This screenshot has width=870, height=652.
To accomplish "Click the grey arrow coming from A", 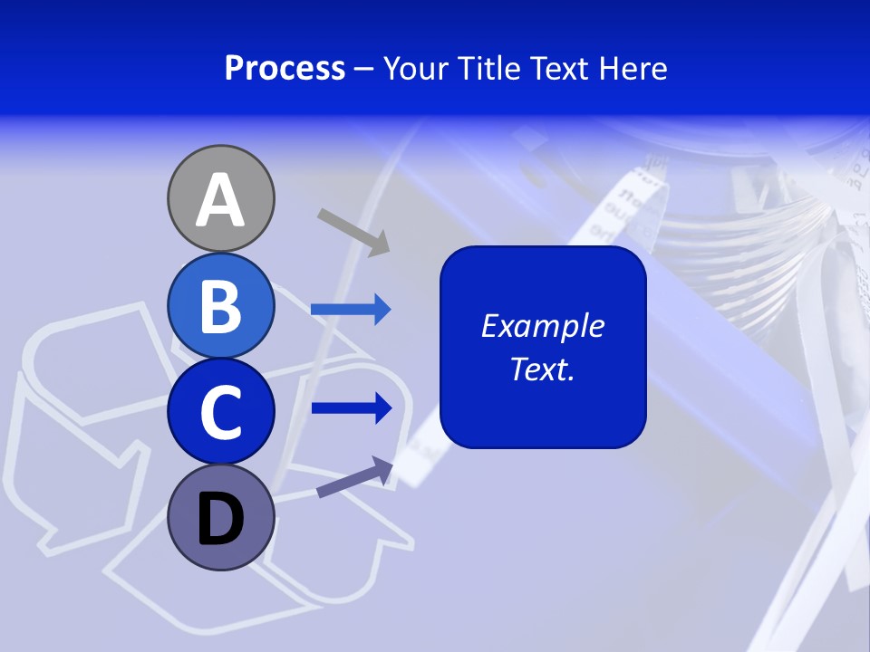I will pos(353,230).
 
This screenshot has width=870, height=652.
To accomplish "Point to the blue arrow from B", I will pos(351,310).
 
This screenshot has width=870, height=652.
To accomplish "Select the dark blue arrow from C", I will pos(352,407).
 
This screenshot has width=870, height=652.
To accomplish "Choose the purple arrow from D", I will pos(354,476).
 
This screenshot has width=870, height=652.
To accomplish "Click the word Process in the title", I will pos(285,69).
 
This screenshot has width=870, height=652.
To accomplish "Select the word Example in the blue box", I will pos(542,326).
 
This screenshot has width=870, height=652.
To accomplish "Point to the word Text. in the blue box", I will pos(542,369).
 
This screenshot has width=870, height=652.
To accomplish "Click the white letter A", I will pos(220,200).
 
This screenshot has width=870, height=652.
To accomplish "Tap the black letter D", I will pos(220,519).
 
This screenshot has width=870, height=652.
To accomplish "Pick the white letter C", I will pos(220,412).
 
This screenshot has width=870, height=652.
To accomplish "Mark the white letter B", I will pos(220,306).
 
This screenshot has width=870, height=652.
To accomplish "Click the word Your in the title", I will pos(416,69).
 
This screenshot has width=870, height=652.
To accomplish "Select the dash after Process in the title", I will pos(364,69).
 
